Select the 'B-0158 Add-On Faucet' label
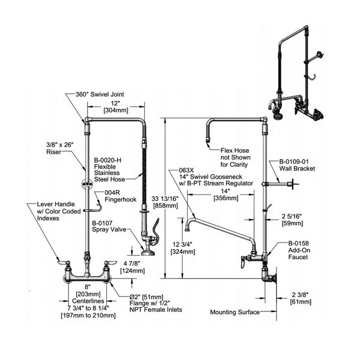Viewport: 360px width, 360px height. click(295, 250)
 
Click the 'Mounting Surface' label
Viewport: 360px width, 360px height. click(235, 312)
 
